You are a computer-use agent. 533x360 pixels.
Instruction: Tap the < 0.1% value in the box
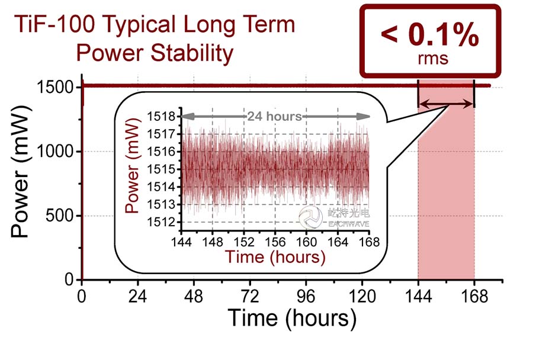tap(428, 37)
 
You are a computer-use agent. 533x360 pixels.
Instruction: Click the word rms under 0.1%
tap(429, 59)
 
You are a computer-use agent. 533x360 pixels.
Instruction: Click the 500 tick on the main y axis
tap(60, 216)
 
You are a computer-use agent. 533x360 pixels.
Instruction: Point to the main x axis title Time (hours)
tap(292, 319)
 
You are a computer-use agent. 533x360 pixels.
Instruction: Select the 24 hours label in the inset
tap(274, 116)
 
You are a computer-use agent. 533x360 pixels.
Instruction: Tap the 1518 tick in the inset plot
tap(163, 116)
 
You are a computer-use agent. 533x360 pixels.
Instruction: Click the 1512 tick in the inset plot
tap(163, 222)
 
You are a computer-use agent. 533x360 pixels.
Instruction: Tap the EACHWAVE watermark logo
tap(309, 217)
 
